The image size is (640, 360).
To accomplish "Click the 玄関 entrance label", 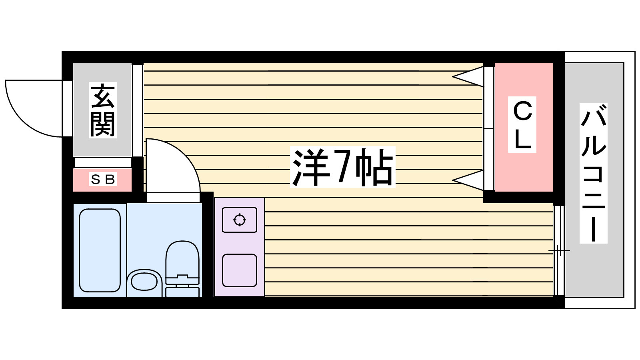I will point(103,110).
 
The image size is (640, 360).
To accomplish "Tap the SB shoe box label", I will point(103,180).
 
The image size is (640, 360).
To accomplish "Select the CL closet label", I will point(522,124).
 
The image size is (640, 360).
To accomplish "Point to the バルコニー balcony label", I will point(594,173).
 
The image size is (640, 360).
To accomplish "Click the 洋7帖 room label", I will point(342,167).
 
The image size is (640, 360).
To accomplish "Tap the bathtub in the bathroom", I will point(100,250).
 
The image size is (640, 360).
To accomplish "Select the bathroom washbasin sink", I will point(144,282).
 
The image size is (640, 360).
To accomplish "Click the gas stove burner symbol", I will point(239,220).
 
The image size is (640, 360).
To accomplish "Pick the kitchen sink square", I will point(239,270).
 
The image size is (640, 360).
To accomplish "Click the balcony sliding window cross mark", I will point(559,251).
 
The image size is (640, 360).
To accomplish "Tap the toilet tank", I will point(182,291).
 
